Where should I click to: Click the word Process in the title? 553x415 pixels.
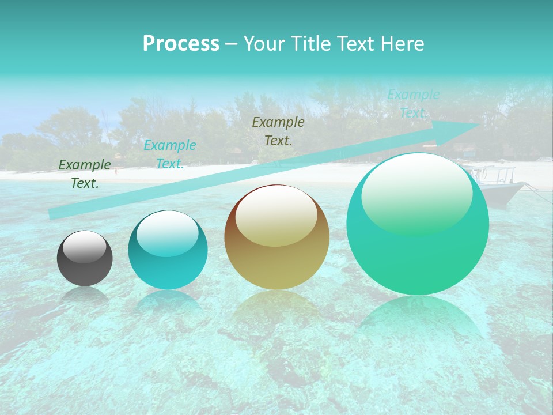[x=181, y=44]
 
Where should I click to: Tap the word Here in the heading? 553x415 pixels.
[x=404, y=44]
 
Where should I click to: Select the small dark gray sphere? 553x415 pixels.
[x=85, y=258]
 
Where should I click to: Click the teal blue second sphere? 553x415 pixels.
[x=168, y=250]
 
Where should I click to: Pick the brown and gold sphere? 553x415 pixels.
[x=276, y=237]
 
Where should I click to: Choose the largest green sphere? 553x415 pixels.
[x=418, y=224]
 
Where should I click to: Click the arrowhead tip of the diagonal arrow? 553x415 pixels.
[x=479, y=124]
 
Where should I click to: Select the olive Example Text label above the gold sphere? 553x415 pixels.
[x=278, y=131]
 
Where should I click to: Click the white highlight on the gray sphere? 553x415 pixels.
[x=85, y=247]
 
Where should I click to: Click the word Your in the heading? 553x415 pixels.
[x=266, y=44]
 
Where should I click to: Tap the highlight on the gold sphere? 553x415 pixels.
[x=276, y=216]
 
